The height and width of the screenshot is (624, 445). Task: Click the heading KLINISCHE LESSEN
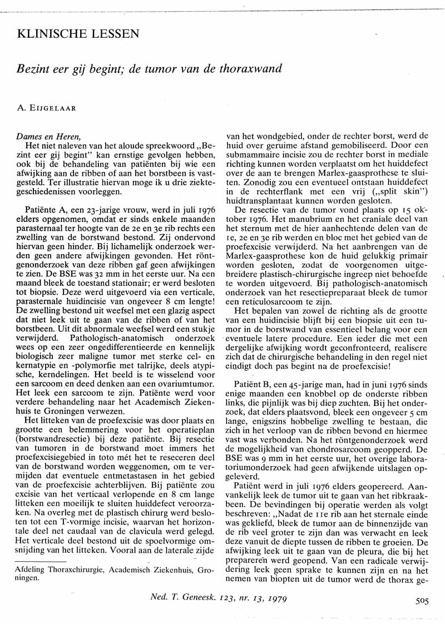pos(78,34)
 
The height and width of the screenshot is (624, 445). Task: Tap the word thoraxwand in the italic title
pos(251,69)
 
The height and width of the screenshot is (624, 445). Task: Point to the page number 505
pos(422,600)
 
